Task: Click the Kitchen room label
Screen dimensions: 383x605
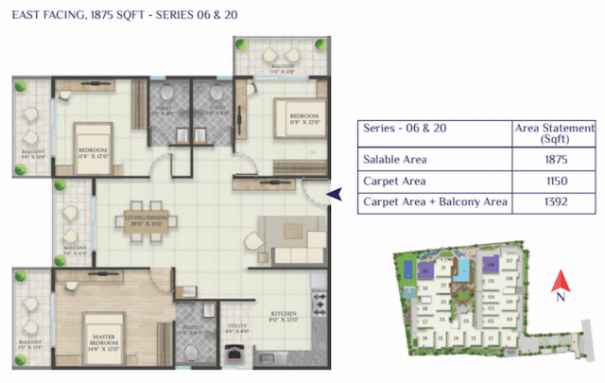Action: tap(284, 317)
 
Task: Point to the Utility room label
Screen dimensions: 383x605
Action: tap(237, 328)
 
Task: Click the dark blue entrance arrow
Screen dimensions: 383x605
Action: tap(333, 194)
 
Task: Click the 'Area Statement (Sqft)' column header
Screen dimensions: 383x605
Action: tap(552, 133)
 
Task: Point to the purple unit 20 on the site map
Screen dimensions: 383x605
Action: tap(426, 273)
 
